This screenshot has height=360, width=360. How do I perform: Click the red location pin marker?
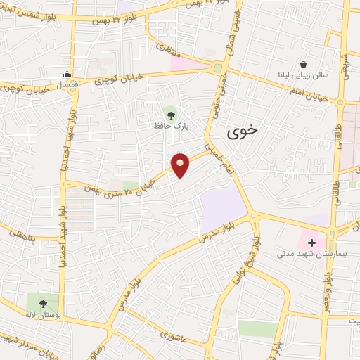[181, 164]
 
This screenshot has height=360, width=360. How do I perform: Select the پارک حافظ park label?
[170, 126]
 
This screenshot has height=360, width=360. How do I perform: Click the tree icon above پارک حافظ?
[170, 112]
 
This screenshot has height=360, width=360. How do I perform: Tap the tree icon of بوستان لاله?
[44, 304]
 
